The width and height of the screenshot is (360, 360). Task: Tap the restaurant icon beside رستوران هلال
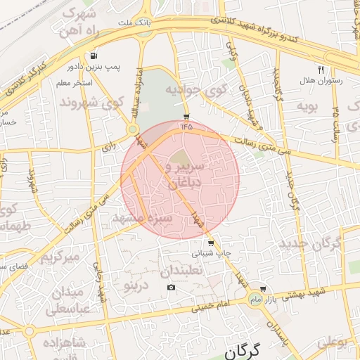[x=321, y=70]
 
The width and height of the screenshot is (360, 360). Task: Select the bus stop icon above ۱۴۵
[x=186, y=116]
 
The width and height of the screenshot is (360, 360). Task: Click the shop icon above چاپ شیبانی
[x=211, y=243]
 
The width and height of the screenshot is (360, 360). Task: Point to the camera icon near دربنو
[x=172, y=288]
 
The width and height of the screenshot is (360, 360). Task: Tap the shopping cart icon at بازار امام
[x=263, y=288]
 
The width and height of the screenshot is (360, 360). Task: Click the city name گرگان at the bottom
[x=240, y=349]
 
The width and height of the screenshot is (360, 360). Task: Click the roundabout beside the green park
[x=132, y=129]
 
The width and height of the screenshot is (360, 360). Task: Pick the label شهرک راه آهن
[x=79, y=22]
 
